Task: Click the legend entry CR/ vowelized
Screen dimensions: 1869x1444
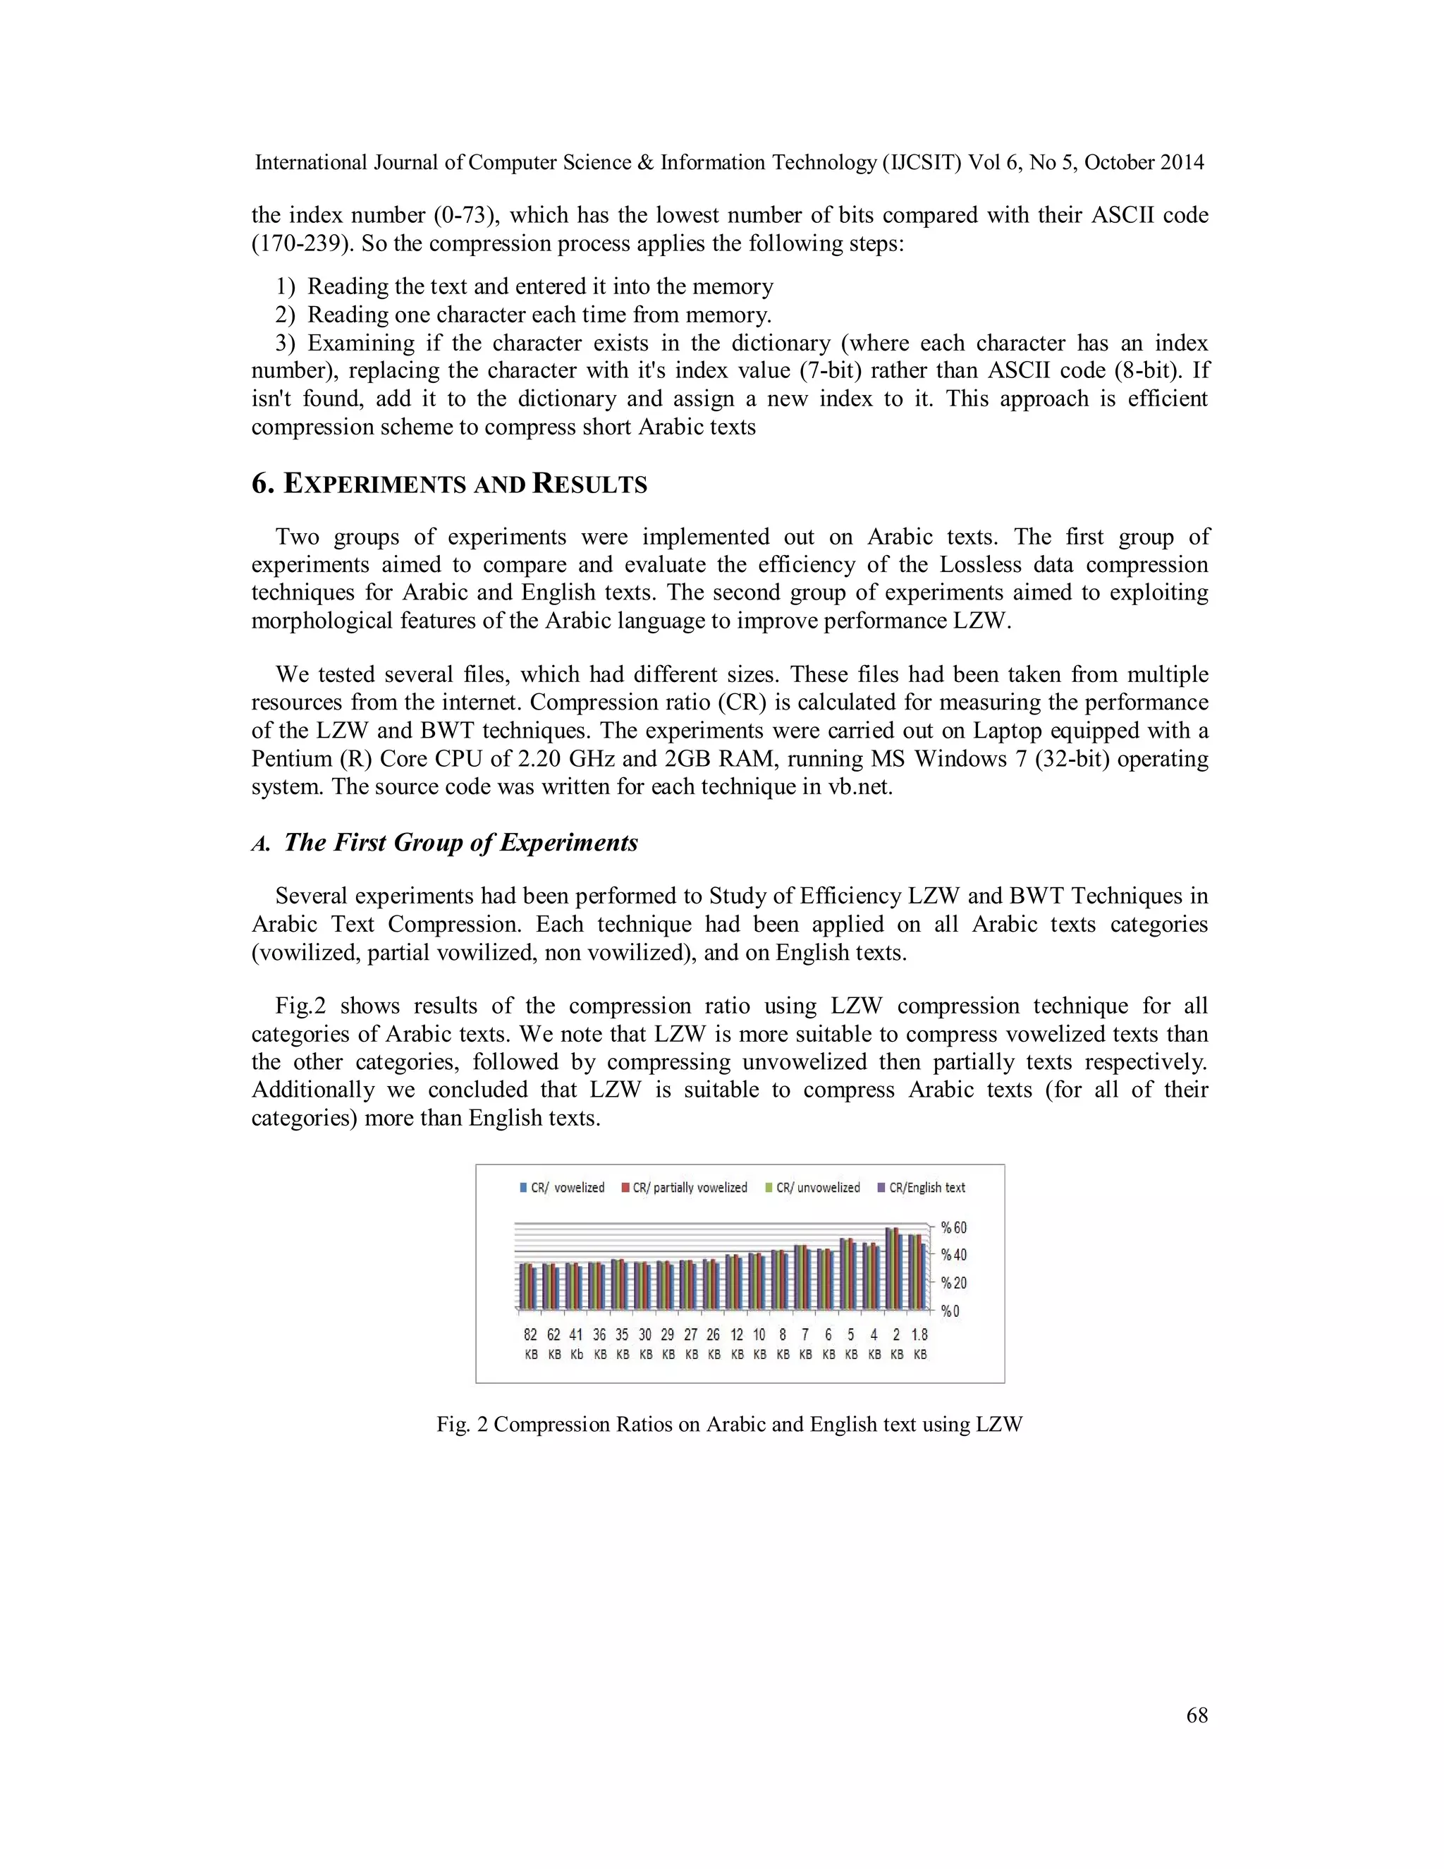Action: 563,1188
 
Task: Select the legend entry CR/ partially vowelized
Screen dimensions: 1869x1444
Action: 685,1188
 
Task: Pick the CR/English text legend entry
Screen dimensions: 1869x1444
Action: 922,1188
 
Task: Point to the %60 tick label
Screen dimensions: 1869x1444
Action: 953,1228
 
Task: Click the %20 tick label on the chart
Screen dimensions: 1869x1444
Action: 953,1283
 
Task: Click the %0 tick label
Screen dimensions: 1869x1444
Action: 950,1311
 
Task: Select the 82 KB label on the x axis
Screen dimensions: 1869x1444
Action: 531,1344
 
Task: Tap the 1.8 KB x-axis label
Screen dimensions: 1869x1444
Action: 919,1344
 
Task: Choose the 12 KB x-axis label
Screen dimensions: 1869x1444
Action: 737,1344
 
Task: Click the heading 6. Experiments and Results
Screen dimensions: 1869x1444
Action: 449,485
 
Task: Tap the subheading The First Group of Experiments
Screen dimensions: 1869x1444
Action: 460,843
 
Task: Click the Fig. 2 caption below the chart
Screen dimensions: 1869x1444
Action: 729,1424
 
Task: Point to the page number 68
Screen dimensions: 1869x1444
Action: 1197,1715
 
